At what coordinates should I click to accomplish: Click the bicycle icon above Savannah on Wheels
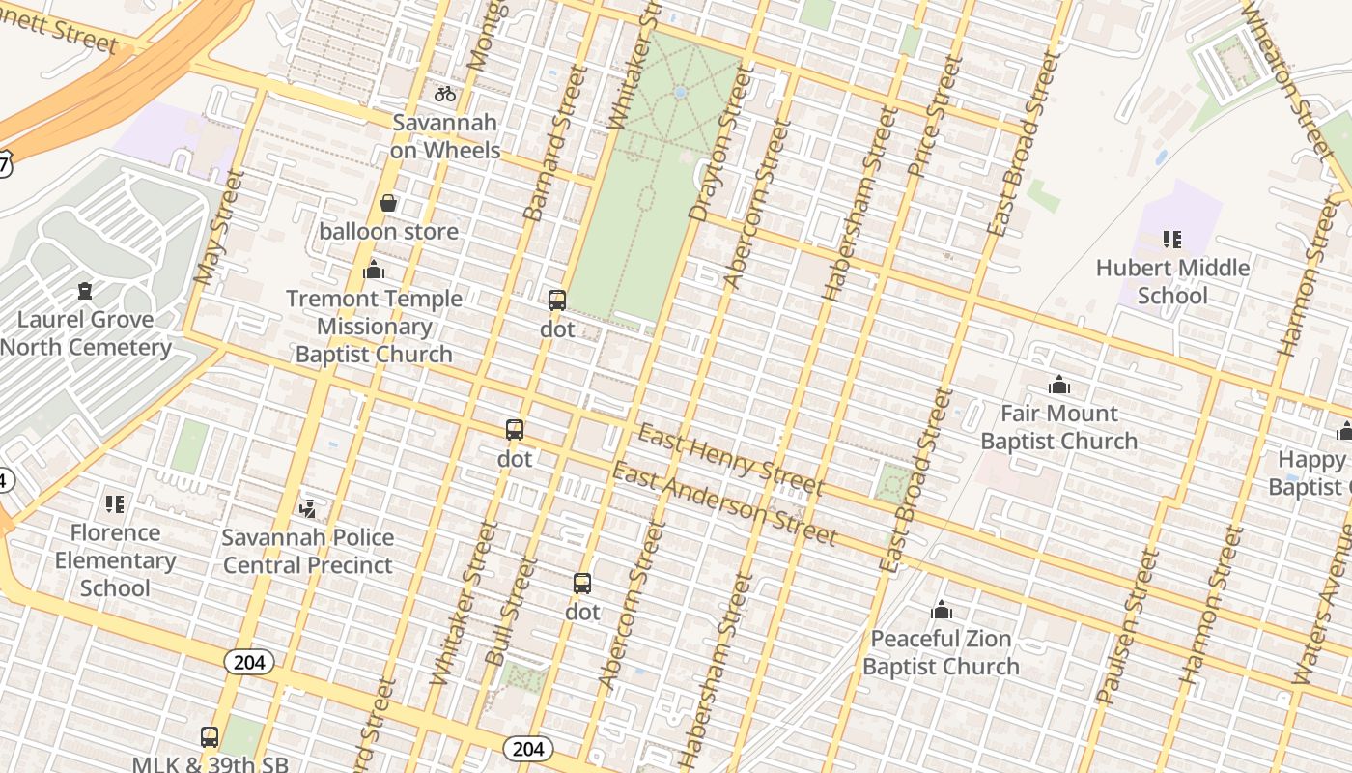444,94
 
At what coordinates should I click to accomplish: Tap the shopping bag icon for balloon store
388,203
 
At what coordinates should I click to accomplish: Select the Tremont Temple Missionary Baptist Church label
374,327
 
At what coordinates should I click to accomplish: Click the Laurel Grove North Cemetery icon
85,291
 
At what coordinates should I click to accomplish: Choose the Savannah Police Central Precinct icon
308,508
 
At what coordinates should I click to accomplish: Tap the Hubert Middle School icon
1172,239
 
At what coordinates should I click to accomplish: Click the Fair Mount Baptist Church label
1058,427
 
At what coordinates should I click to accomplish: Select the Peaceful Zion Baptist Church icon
942,610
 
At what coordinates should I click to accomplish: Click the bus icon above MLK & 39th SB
210,737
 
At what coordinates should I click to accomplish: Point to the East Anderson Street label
724,503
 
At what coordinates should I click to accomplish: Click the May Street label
218,227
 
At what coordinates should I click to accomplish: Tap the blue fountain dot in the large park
680,93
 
